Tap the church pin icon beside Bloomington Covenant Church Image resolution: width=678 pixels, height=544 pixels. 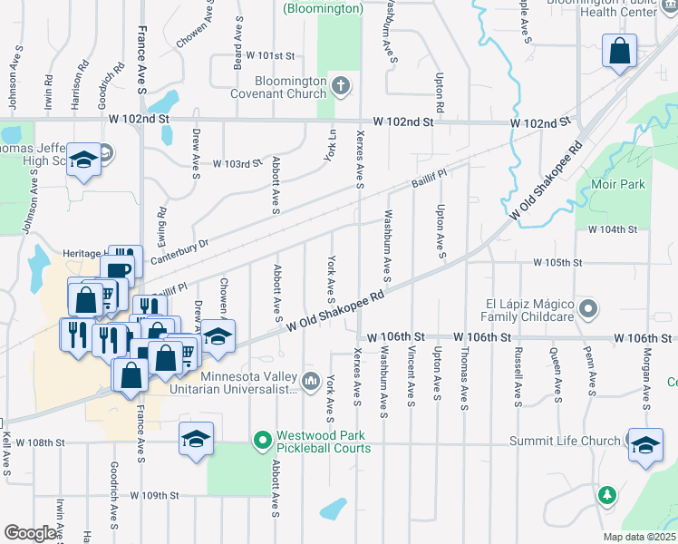(341, 87)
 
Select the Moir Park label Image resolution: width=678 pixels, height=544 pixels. (622, 184)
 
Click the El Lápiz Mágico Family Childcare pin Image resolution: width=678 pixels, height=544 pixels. (589, 309)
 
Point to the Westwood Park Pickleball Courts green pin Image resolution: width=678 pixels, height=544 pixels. (263, 442)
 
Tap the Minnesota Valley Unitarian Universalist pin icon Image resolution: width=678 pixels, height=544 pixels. (311, 378)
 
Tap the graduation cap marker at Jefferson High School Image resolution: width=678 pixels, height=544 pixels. (83, 160)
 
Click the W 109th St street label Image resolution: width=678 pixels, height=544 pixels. (155, 496)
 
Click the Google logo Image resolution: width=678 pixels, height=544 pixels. (30, 533)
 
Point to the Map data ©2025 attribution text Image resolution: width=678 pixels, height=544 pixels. (640, 537)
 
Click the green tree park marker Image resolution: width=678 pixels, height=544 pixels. (607, 495)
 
